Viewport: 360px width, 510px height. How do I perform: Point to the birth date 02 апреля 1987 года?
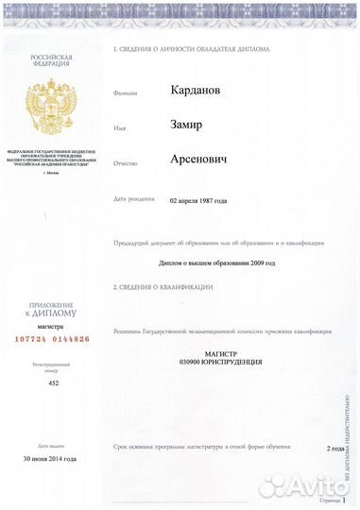click(x=197, y=201)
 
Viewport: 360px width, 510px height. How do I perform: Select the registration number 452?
click(x=53, y=384)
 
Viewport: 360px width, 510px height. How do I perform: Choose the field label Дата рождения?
click(x=132, y=200)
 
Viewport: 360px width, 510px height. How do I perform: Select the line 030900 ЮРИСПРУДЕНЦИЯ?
click(x=221, y=362)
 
